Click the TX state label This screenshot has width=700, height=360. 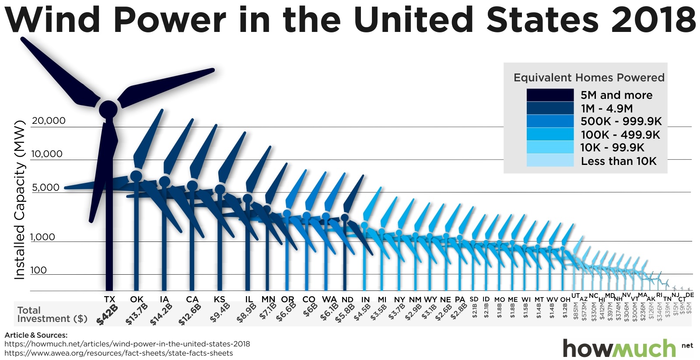click(x=109, y=299)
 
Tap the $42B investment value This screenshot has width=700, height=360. click(x=107, y=315)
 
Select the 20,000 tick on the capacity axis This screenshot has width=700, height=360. click(x=49, y=121)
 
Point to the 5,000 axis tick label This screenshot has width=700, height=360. click(x=45, y=188)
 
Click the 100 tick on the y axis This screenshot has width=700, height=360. click(x=38, y=270)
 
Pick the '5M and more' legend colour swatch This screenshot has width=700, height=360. click(x=550, y=95)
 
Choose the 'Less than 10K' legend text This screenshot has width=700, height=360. click(x=619, y=161)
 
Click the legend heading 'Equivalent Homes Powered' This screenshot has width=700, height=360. click(x=589, y=78)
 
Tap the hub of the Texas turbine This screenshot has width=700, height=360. click(x=108, y=109)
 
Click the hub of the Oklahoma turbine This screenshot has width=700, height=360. click(x=136, y=176)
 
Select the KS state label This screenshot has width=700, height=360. click(x=219, y=299)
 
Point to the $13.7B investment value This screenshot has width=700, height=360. click(x=136, y=314)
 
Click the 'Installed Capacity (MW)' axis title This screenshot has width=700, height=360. click(x=20, y=200)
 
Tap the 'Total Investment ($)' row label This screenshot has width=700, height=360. click(x=52, y=315)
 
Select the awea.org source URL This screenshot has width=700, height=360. click(x=119, y=353)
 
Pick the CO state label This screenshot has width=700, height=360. click(x=309, y=299)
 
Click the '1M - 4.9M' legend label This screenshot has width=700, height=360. click(x=606, y=108)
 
